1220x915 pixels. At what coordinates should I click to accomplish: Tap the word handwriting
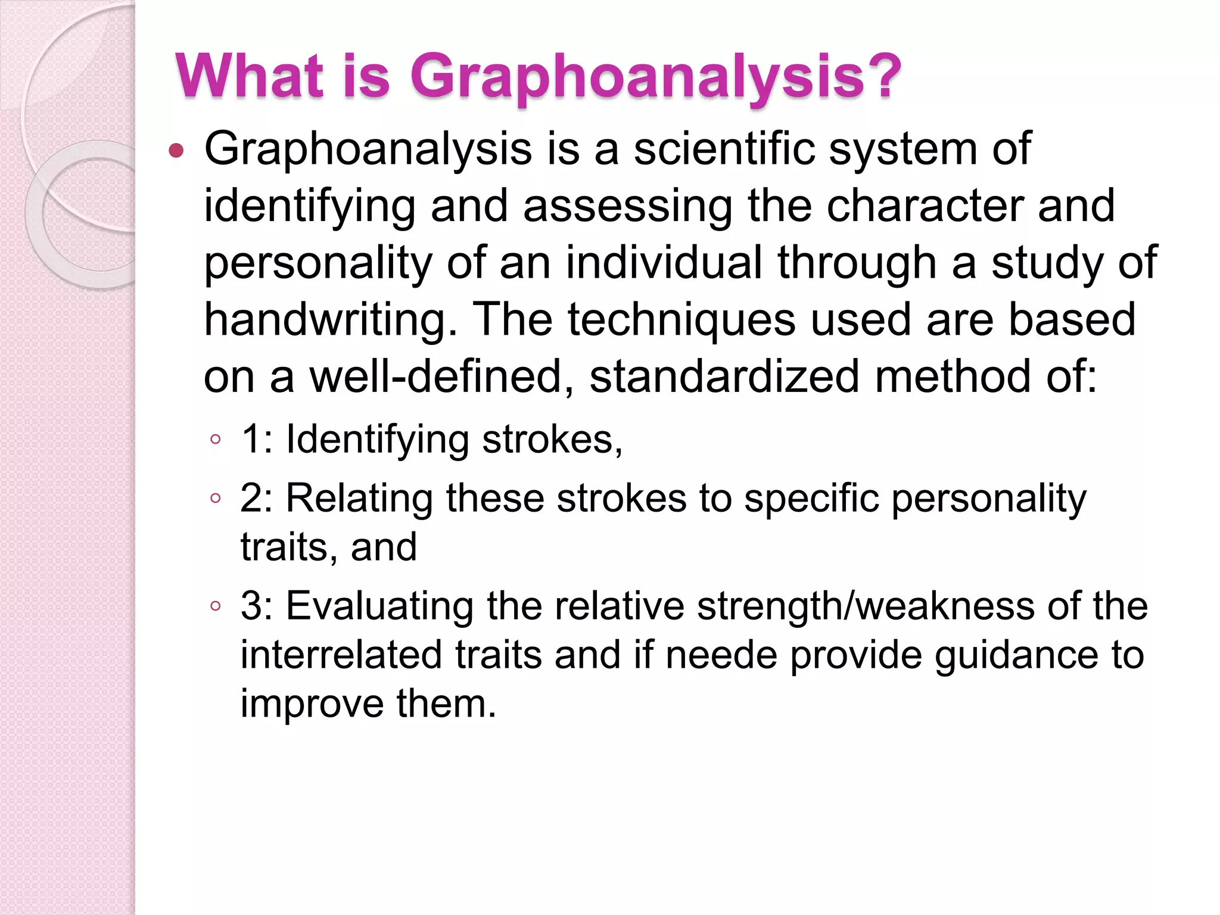[331, 320]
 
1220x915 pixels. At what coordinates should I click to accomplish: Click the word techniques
[681, 320]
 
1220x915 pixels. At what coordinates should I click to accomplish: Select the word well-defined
[435, 376]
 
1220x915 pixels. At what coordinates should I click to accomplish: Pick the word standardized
[724, 376]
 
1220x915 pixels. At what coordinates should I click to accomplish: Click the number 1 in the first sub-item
[250, 440]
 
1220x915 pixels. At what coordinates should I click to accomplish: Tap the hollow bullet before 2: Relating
[216, 498]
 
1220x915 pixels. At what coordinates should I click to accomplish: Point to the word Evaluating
[380, 606]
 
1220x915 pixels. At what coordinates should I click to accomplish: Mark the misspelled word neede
[721, 655]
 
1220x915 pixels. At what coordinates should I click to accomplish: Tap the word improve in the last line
[312, 704]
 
